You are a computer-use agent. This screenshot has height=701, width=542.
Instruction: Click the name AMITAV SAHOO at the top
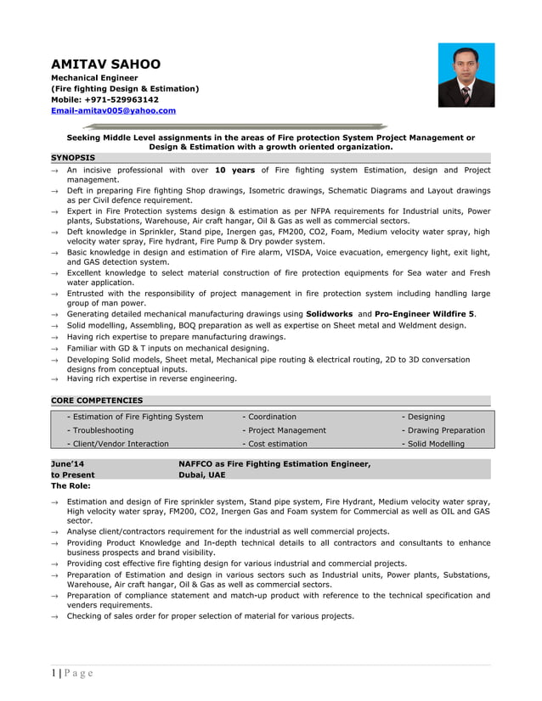(x=105, y=64)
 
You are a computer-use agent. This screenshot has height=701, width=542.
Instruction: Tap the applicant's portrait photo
(x=466, y=76)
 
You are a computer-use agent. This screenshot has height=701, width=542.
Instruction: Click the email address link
(x=113, y=110)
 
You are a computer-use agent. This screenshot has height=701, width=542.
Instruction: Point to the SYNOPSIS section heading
(x=73, y=157)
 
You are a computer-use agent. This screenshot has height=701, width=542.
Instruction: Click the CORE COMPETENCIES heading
(x=97, y=400)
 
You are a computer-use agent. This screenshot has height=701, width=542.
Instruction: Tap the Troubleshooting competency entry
(x=99, y=430)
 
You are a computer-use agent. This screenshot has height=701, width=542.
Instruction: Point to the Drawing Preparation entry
(x=443, y=430)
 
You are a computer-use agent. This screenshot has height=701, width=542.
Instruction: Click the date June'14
(x=68, y=464)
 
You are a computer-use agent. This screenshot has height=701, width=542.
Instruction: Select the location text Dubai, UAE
(x=202, y=475)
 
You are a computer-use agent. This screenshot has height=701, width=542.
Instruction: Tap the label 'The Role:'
(x=71, y=486)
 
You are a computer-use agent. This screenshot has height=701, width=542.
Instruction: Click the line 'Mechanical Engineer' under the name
(x=94, y=77)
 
